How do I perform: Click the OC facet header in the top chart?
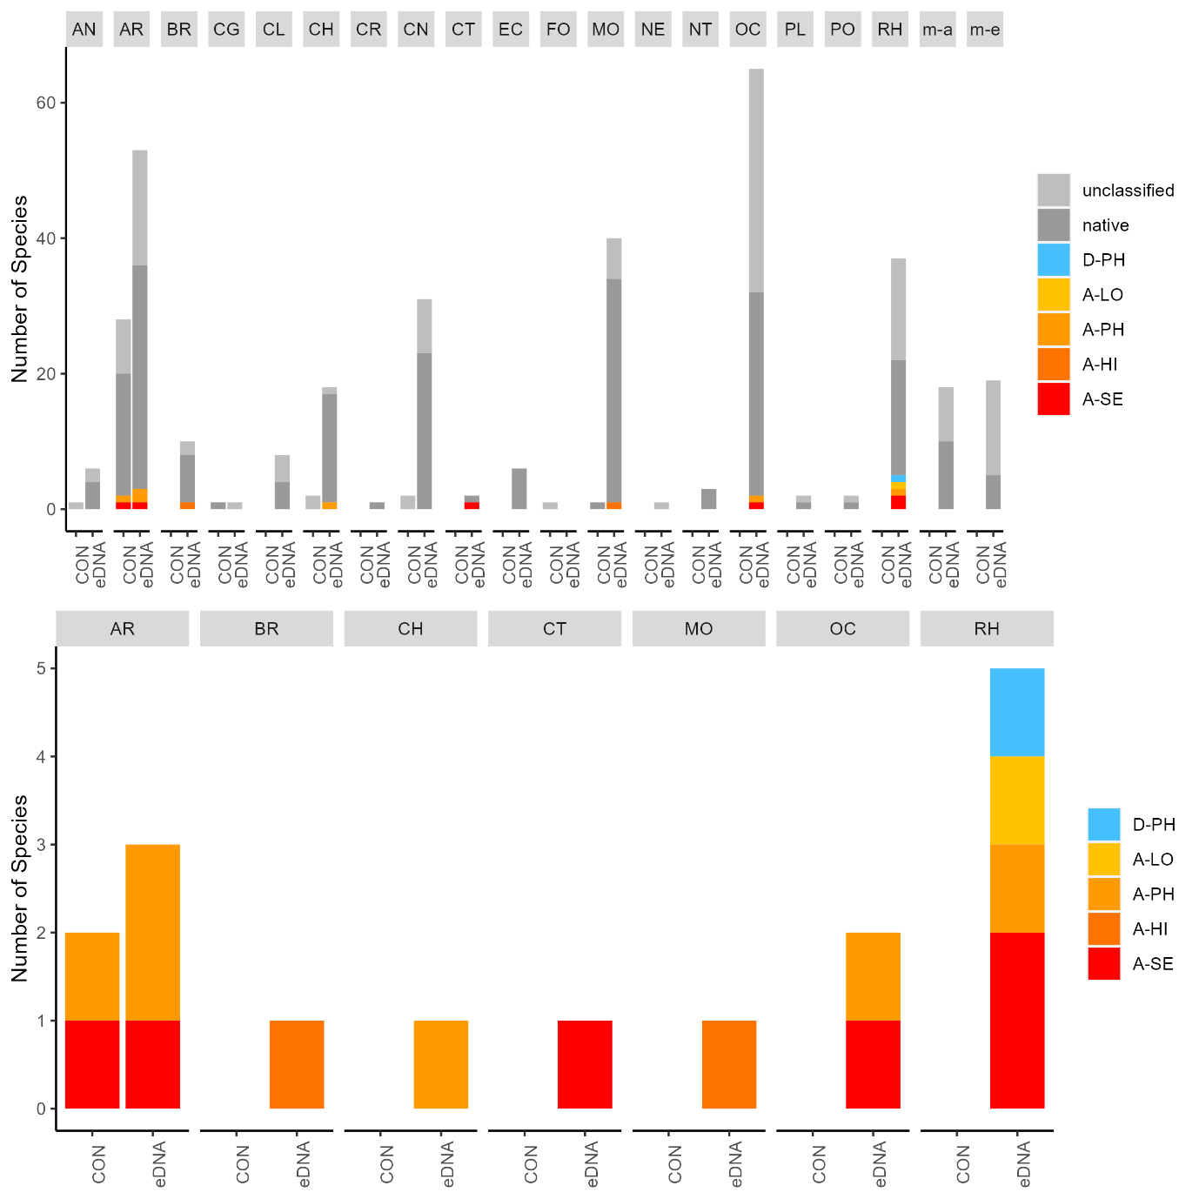(747, 30)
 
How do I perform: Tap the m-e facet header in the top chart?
(984, 30)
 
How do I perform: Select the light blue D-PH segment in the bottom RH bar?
(1017, 712)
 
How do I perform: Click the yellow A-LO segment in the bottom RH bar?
(1017, 800)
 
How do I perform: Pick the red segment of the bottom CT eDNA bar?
(585, 1064)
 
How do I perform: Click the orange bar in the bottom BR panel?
(297, 1064)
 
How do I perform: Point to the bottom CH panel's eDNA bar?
(440, 1064)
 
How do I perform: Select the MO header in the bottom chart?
(699, 629)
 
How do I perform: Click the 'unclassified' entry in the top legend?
(1128, 191)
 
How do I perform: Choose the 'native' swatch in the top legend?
(1054, 225)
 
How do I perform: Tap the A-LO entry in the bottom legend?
(1152, 860)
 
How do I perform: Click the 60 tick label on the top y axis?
(46, 103)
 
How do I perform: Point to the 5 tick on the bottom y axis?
(41, 669)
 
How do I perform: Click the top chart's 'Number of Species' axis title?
(20, 289)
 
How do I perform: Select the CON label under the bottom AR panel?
(98, 1164)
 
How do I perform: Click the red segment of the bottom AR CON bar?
(92, 1064)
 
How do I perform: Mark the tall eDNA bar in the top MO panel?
(614, 383)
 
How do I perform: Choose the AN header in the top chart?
(84, 30)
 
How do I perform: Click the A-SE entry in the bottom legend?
(1152, 964)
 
